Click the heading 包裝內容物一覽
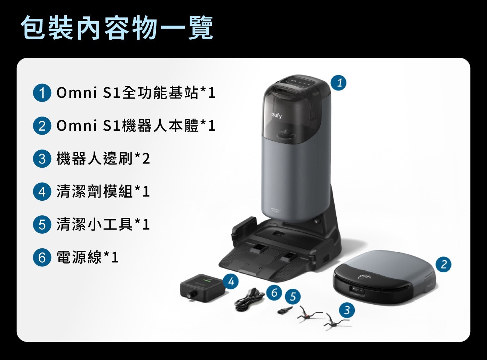point(117,28)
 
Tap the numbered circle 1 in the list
point(42,93)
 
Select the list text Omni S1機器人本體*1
point(136,126)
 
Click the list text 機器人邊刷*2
point(103,159)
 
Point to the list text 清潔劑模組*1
point(103,192)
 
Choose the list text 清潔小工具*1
point(103,224)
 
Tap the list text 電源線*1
point(87,257)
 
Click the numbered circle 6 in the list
point(42,257)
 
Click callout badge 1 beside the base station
point(338,83)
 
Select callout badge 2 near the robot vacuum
point(444,264)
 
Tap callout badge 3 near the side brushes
point(347,310)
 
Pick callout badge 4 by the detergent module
point(231,281)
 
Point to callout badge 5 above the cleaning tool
point(293,297)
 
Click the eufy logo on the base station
point(277,116)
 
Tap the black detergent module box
point(202,288)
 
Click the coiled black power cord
point(249,299)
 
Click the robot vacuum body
point(384,277)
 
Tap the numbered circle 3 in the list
point(42,159)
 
